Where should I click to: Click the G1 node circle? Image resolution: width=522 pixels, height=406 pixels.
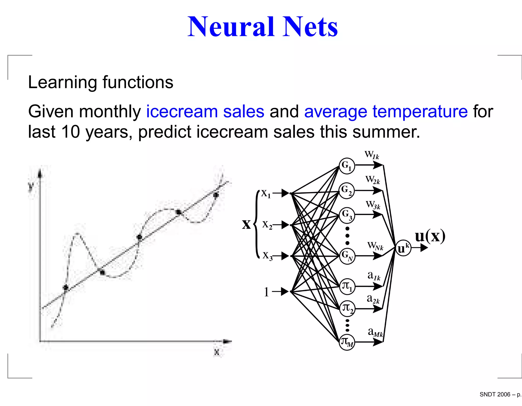click(x=347, y=166)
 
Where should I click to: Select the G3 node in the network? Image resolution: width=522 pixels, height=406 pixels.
click(x=347, y=215)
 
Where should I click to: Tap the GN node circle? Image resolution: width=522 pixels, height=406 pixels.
click(x=347, y=256)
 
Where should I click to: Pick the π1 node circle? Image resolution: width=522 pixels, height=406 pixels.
click(x=347, y=286)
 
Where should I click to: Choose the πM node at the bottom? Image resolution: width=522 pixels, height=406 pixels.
click(x=347, y=342)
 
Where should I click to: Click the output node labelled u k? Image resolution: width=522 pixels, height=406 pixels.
click(x=403, y=248)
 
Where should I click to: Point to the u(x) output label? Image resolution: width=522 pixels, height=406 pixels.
click(x=430, y=236)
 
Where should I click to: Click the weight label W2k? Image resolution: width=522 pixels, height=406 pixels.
click(x=372, y=180)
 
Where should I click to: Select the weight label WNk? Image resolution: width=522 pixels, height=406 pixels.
click(x=375, y=246)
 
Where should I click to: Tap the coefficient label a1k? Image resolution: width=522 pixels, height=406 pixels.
click(x=374, y=276)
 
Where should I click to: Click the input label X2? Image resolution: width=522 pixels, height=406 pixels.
click(x=267, y=225)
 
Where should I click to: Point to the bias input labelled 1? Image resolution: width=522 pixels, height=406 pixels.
click(x=266, y=292)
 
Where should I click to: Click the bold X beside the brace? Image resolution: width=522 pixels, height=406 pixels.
click(x=246, y=225)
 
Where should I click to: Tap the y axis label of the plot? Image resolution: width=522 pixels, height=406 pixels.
click(x=31, y=186)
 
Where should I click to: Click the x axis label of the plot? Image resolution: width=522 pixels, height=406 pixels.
click(x=217, y=352)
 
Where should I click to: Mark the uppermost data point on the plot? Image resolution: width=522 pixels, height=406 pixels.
click(x=216, y=195)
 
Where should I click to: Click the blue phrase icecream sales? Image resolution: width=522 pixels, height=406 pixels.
click(x=205, y=112)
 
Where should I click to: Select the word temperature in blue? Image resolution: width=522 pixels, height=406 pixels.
click(x=420, y=112)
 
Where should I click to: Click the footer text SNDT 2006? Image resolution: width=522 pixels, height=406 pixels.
click(x=494, y=394)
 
